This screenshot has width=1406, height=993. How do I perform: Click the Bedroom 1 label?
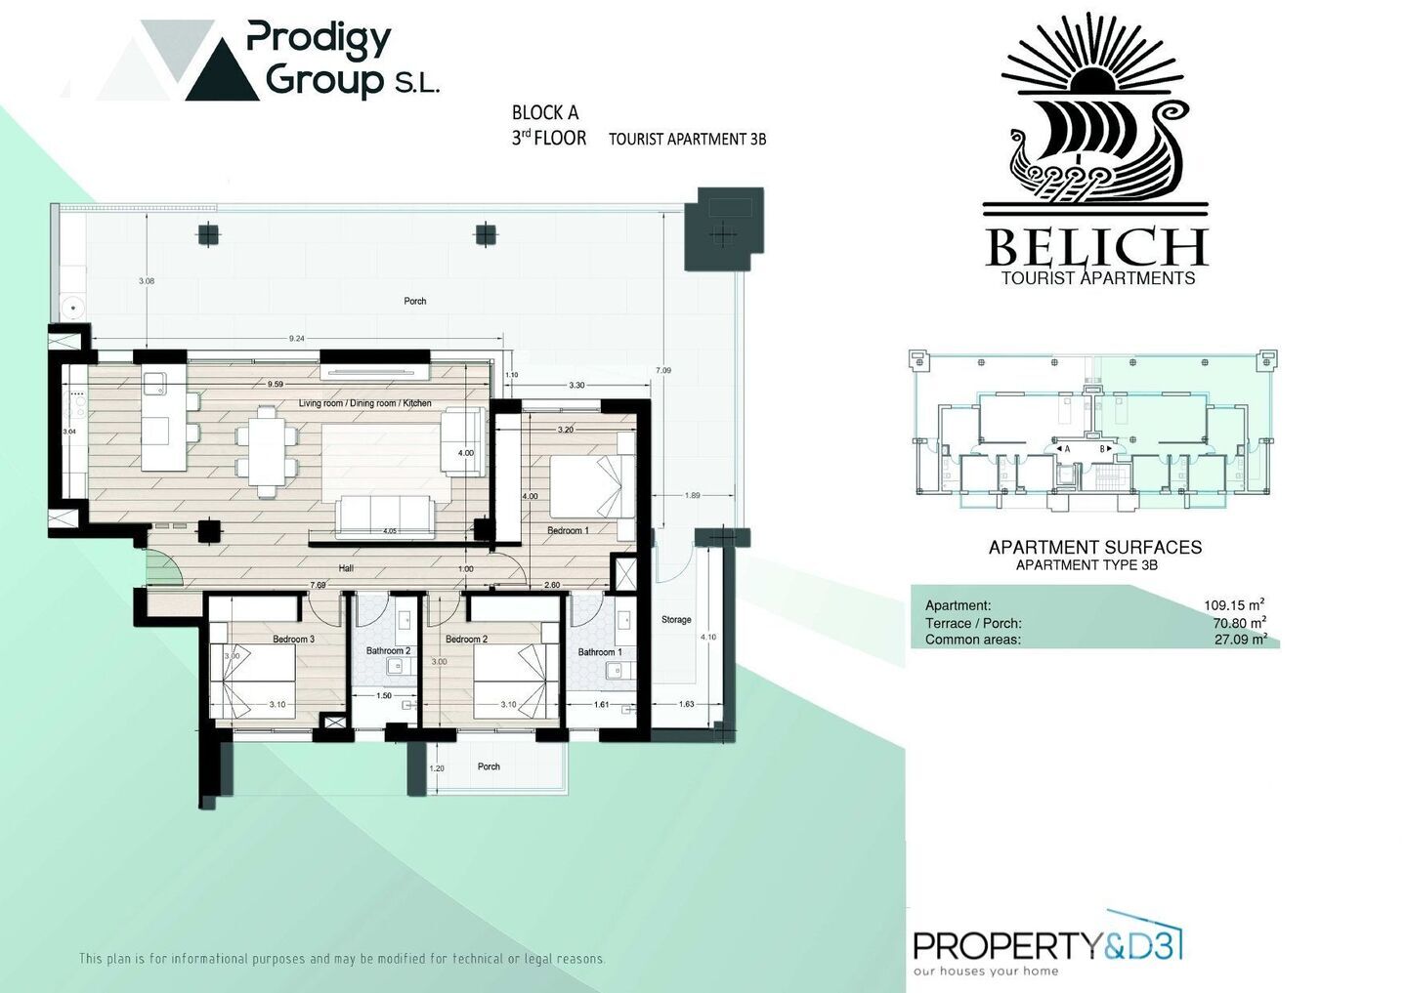568,531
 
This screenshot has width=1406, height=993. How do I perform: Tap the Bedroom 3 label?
293,640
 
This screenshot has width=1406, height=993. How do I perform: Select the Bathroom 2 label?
388,651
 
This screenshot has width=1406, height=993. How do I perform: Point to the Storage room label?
676,620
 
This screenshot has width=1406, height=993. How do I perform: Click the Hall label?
346,568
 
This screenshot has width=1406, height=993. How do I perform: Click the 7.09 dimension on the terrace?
663,370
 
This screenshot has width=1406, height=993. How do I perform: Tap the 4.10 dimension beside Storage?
708,638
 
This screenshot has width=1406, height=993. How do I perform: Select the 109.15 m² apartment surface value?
1234,605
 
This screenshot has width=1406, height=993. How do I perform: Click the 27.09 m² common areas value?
1240,641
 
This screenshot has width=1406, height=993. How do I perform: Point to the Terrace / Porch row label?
973,623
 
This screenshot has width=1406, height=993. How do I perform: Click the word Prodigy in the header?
319,39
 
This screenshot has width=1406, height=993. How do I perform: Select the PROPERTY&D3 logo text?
1046,945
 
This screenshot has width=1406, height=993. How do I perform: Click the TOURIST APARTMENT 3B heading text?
687,140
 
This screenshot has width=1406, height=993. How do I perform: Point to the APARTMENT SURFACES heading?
1094,548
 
